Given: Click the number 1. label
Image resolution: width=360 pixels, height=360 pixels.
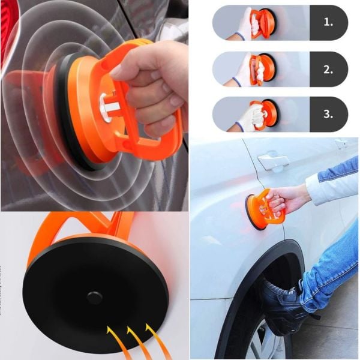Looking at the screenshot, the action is click(328, 22).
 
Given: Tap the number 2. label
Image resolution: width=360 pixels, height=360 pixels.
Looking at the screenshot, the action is click(328, 70).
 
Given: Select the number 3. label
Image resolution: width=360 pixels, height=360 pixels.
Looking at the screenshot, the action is click(328, 114).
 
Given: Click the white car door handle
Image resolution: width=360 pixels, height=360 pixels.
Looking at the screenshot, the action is click(273, 160).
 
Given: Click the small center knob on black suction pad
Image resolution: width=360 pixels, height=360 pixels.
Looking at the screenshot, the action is click(94, 297).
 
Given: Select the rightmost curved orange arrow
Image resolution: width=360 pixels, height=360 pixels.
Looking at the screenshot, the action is click(155, 338).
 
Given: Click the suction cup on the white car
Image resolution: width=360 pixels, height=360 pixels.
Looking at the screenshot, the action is click(264, 209).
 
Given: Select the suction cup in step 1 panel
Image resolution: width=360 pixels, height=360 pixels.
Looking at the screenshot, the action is click(265, 23).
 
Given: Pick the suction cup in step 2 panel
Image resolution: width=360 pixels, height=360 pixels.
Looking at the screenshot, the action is click(264, 69).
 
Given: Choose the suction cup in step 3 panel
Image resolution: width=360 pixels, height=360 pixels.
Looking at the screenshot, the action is click(266, 114).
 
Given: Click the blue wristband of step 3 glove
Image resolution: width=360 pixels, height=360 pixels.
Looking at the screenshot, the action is click(239, 125).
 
